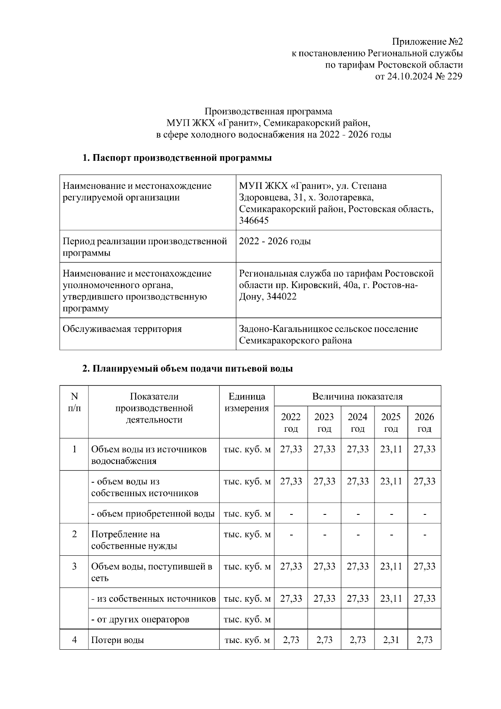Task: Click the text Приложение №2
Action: coord(427,42)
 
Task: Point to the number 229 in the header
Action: coord(455,76)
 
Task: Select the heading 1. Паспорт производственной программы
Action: coord(177,158)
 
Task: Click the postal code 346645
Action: coord(254,220)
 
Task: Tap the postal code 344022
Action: coord(282,297)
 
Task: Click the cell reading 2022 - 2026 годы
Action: coord(275,241)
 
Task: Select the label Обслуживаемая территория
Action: coord(122,329)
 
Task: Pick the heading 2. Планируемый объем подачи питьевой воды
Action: coord(187,369)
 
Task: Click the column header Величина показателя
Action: coord(357,396)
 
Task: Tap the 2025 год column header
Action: coord(391,423)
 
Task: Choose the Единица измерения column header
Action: coord(247,402)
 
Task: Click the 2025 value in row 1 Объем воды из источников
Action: coord(391,449)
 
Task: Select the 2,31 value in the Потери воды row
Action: coord(391,640)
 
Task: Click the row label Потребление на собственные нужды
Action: coord(134,540)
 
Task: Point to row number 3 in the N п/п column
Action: coord(74,567)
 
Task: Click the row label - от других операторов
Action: coord(140,619)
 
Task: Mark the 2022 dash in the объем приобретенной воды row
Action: coord(291,514)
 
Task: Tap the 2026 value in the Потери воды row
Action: coord(424,640)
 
